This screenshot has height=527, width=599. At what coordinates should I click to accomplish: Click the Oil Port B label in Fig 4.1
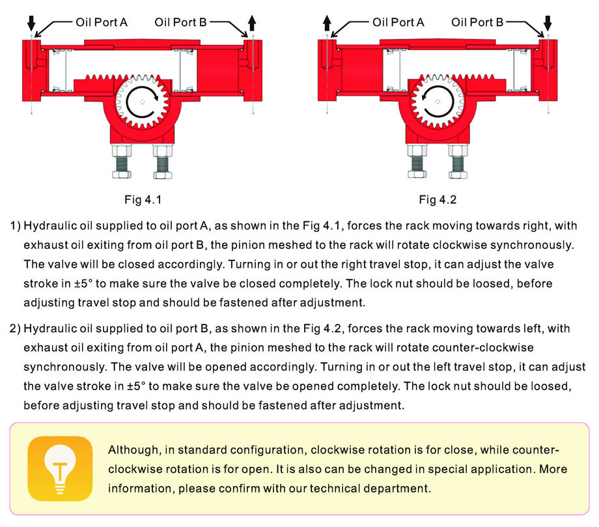pyautogui.click(x=180, y=22)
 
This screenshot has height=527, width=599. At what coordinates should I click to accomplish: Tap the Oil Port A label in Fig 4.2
pyautogui.click(x=398, y=22)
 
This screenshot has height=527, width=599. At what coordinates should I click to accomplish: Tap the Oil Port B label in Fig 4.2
pyautogui.click(x=477, y=22)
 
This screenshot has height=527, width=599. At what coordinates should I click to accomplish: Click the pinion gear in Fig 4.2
pyautogui.click(x=438, y=102)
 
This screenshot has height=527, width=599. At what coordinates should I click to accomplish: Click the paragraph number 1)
pyautogui.click(x=16, y=226)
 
